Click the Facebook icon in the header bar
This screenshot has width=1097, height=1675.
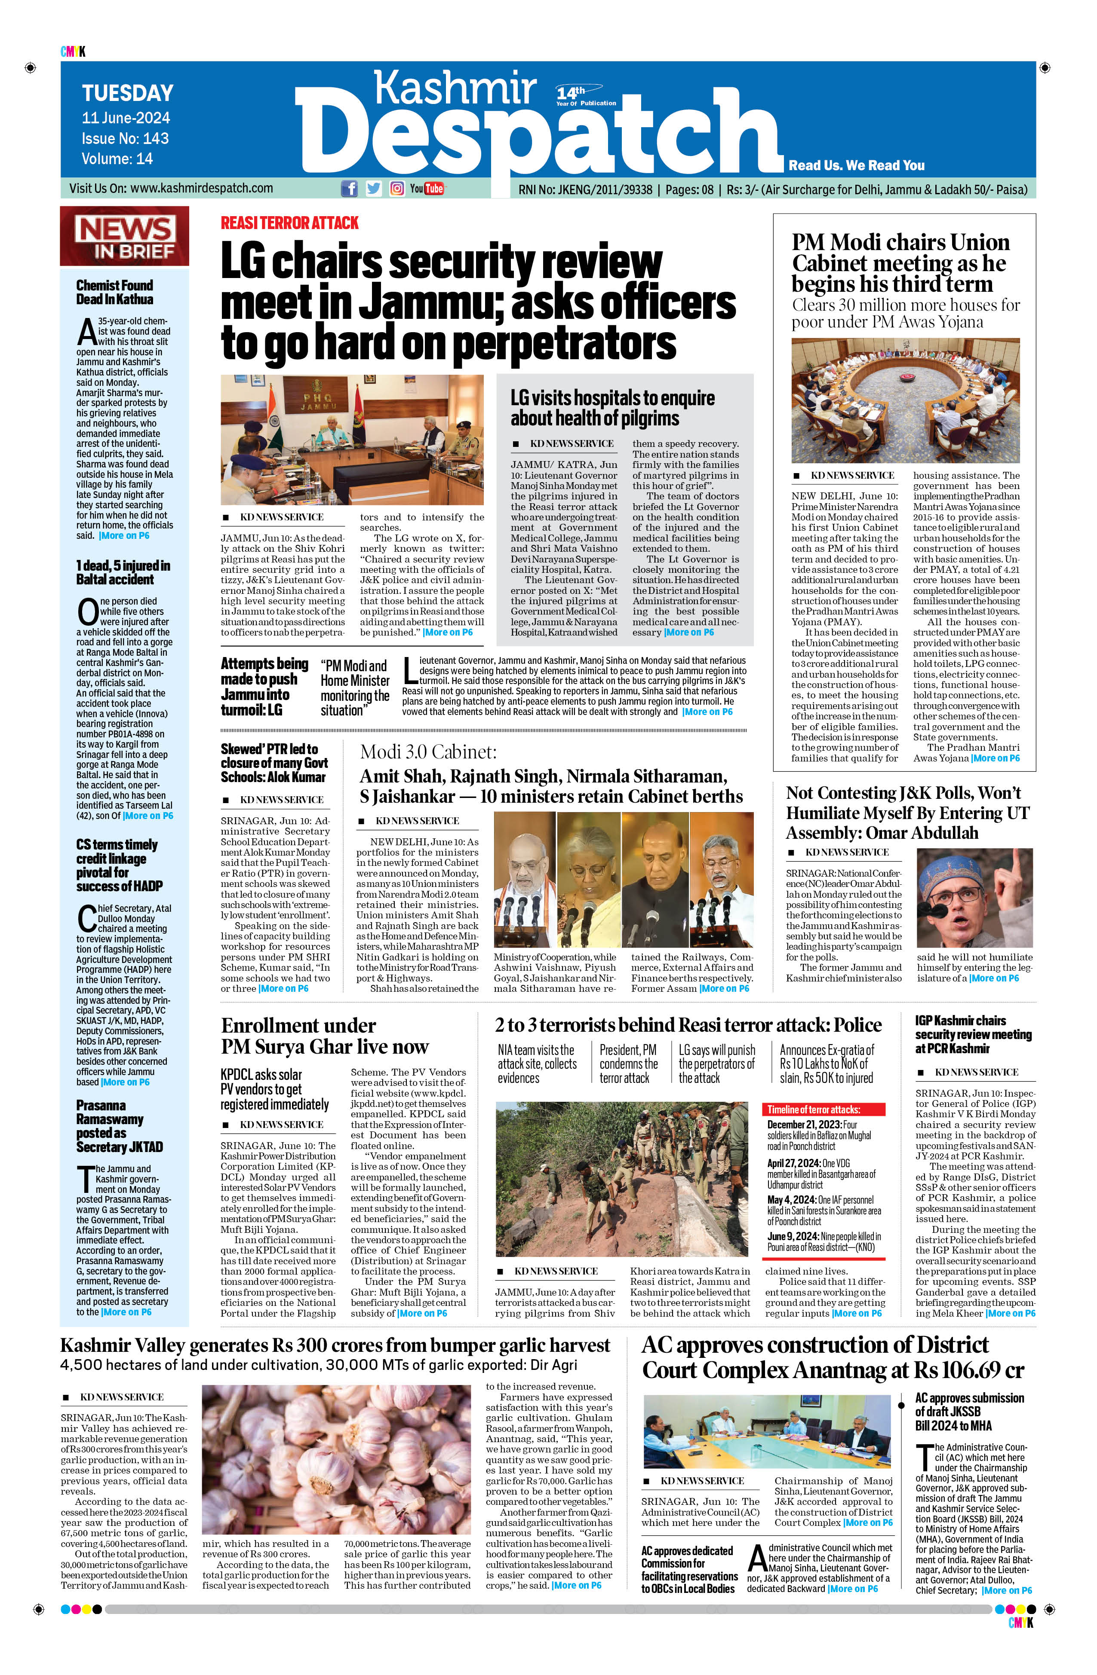[x=348, y=189]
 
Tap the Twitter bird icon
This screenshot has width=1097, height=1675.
[x=373, y=189]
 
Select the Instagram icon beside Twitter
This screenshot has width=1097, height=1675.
[x=397, y=189]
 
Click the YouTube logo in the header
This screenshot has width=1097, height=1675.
[x=427, y=189]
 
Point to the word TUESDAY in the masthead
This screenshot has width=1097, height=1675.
[x=127, y=94]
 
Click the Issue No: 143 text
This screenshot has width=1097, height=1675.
[x=125, y=139]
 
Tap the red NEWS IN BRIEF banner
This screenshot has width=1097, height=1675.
[x=125, y=236]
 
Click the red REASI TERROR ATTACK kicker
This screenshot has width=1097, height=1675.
[x=289, y=223]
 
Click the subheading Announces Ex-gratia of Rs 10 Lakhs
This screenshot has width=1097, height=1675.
[x=827, y=1064]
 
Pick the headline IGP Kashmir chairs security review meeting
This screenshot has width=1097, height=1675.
[x=973, y=1034]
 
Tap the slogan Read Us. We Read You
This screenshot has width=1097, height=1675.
[x=856, y=165]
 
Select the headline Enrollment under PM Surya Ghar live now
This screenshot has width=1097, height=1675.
[x=325, y=1036]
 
